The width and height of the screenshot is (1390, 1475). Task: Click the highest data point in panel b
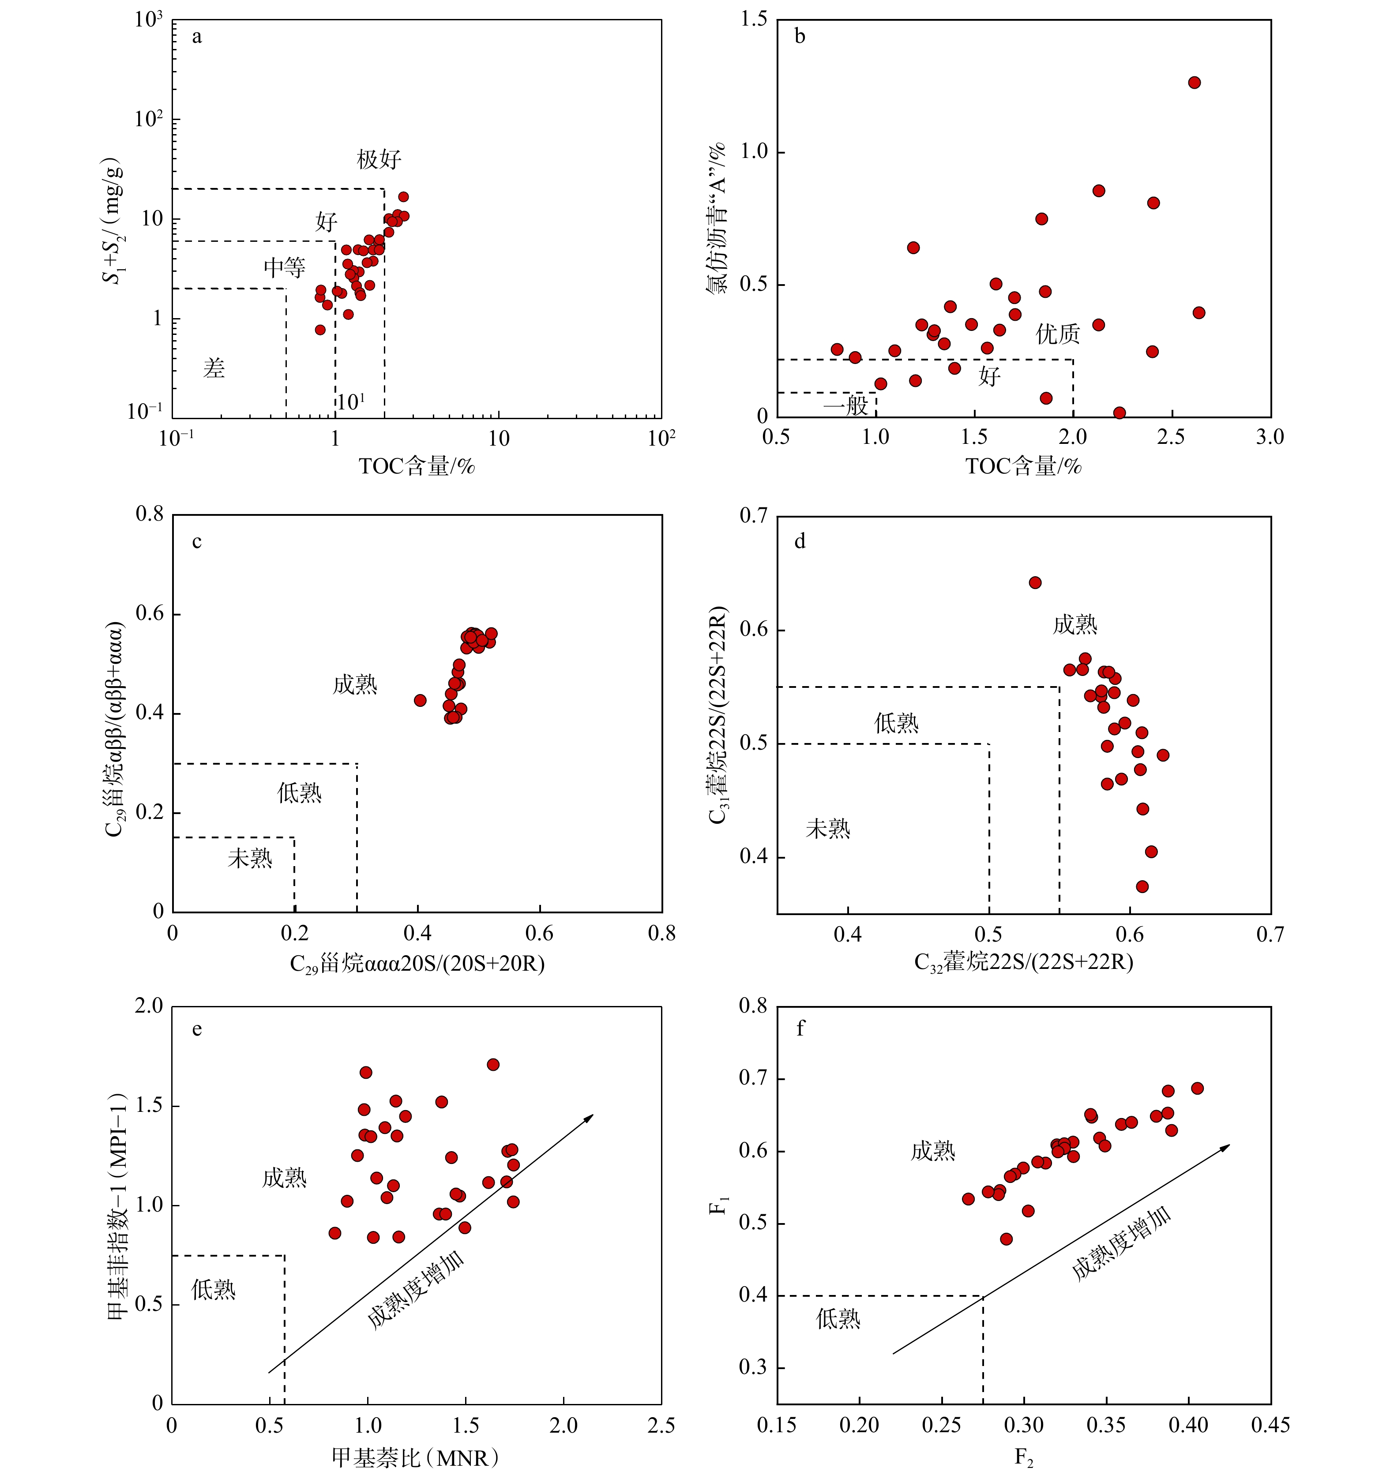(x=1194, y=83)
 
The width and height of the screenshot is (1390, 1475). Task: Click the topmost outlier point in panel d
(x=1034, y=582)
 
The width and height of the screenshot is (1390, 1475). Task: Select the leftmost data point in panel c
(x=420, y=700)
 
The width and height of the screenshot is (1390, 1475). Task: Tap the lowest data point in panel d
(x=1142, y=886)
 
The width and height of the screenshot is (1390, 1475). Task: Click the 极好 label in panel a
(x=379, y=159)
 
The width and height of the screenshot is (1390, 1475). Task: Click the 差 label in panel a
(x=214, y=368)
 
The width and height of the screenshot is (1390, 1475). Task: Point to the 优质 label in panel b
(x=1058, y=334)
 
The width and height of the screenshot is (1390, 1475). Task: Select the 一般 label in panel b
(x=845, y=405)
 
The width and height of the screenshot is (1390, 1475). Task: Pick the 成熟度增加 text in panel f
(x=1121, y=1243)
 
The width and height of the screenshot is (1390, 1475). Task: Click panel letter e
(x=197, y=1029)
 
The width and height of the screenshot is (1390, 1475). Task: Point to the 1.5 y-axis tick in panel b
(x=754, y=20)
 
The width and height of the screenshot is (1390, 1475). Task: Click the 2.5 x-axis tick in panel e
(x=661, y=1425)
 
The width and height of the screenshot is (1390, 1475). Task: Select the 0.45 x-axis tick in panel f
(x=1270, y=1425)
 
